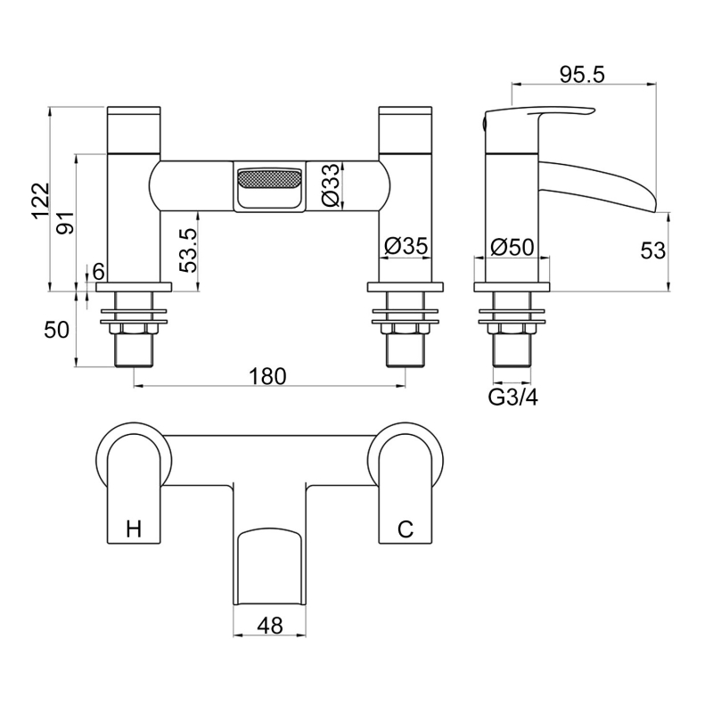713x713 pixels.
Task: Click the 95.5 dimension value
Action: point(583,75)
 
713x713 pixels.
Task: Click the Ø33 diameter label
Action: point(332,186)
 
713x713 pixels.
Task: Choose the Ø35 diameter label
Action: point(406,246)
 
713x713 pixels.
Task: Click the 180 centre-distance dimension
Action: point(266,376)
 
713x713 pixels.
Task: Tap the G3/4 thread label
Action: point(512,397)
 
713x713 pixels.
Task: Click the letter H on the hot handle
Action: point(134,529)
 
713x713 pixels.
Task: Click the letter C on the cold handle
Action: point(405,529)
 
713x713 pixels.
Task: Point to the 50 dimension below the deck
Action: point(57,329)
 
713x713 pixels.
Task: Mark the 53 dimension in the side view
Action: point(652,251)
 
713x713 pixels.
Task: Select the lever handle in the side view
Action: point(544,120)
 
